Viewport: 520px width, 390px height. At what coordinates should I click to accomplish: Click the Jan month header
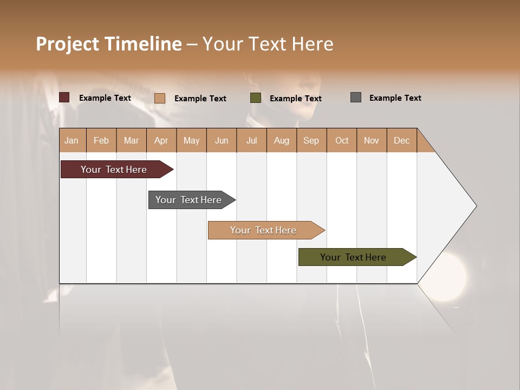pyautogui.click(x=71, y=140)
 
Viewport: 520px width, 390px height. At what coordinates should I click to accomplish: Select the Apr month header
pyautogui.click(x=161, y=140)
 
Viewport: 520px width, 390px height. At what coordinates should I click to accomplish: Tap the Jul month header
pyautogui.click(x=251, y=140)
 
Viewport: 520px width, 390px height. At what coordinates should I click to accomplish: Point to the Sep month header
pyautogui.click(x=311, y=140)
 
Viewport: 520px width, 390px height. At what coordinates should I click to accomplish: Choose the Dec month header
pyautogui.click(x=401, y=140)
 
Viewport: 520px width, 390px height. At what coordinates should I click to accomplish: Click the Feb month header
pyautogui.click(x=101, y=140)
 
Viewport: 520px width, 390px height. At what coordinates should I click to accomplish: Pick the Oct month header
pyautogui.click(x=342, y=140)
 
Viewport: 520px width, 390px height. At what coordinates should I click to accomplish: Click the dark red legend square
pyautogui.click(x=64, y=97)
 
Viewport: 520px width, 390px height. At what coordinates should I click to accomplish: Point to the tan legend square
pyautogui.click(x=159, y=98)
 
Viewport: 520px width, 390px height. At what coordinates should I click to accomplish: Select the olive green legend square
pyautogui.click(x=256, y=98)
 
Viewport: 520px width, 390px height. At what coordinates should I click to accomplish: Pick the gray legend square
pyautogui.click(x=355, y=97)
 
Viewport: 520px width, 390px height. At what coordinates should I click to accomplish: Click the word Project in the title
pyautogui.click(x=68, y=44)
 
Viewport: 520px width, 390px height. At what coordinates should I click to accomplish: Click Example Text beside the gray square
pyautogui.click(x=395, y=98)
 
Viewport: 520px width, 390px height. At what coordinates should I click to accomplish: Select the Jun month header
pyautogui.click(x=222, y=140)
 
